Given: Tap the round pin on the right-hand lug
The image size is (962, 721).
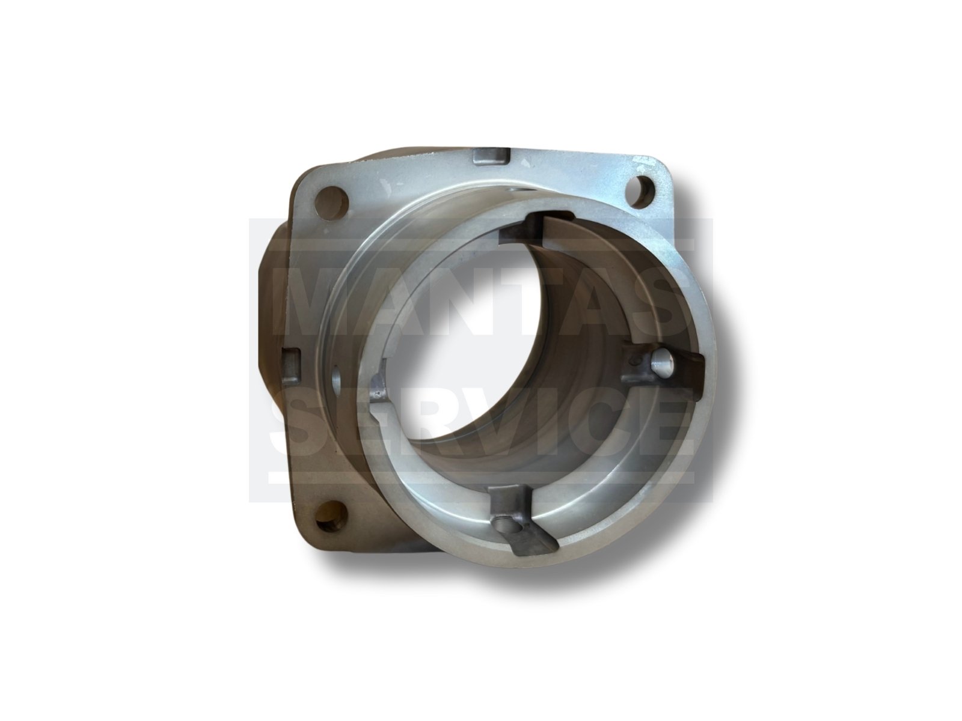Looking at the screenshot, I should [660, 362].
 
